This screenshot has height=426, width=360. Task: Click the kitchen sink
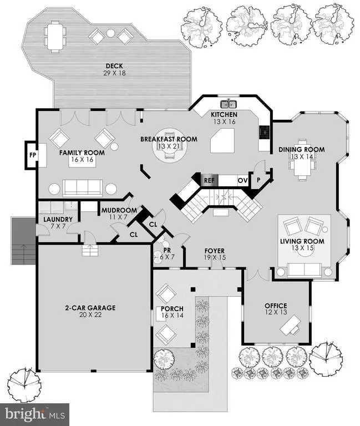click(229, 104)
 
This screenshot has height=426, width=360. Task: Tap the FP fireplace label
click(33, 155)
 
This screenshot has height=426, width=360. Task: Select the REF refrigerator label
click(209, 180)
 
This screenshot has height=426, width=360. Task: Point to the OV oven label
click(242, 180)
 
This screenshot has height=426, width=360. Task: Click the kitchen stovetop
click(264, 133)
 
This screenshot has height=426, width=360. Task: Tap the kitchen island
click(222, 140)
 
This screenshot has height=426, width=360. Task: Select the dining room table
click(302, 160)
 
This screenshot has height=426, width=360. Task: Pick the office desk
click(290, 325)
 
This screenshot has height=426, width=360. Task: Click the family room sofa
click(82, 188)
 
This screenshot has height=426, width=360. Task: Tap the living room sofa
click(305, 270)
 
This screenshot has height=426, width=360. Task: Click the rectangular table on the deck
click(55, 37)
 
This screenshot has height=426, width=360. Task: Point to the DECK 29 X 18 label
click(114, 69)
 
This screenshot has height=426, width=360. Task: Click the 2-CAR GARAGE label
click(90, 311)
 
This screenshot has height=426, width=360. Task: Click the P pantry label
click(258, 180)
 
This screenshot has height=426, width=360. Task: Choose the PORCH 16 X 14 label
click(172, 312)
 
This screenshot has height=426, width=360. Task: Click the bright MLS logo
click(35, 414)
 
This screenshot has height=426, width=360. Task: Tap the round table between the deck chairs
click(110, 33)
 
